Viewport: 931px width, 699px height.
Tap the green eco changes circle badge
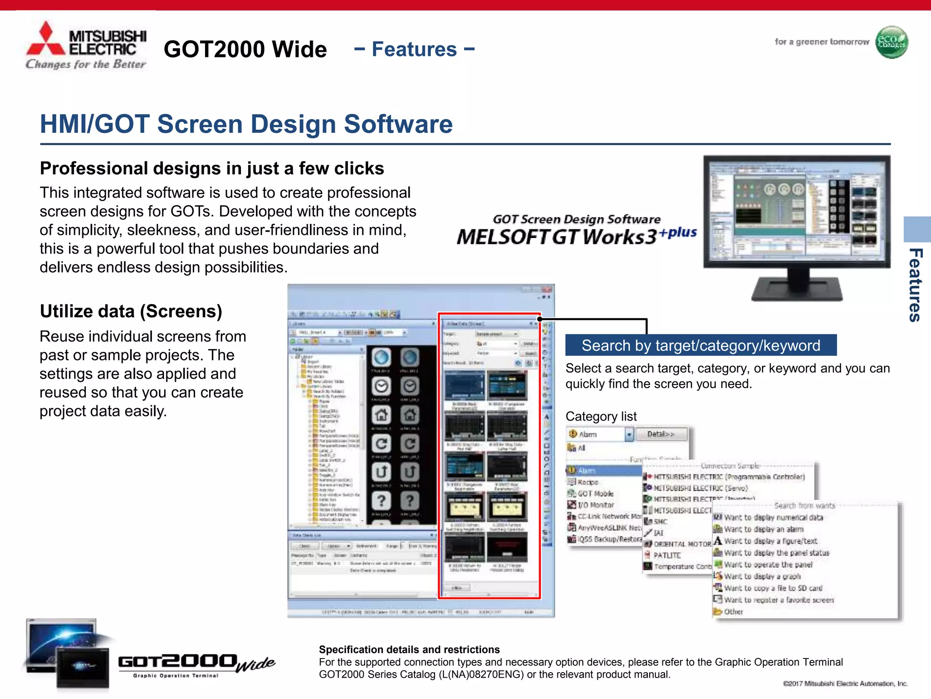tap(891, 42)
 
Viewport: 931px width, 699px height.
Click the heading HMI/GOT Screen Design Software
tap(246, 124)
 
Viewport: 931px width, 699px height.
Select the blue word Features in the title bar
tap(414, 49)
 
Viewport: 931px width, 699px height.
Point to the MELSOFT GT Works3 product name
tap(557, 237)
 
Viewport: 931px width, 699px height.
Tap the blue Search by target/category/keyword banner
tap(701, 345)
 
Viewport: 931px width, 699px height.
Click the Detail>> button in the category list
tap(661, 434)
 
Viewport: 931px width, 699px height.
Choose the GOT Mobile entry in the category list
tap(595, 493)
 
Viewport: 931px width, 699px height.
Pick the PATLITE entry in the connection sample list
tap(667, 555)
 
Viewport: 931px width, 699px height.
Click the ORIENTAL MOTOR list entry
tap(682, 544)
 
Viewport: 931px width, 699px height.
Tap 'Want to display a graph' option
tap(762, 576)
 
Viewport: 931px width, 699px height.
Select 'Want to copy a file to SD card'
tap(773, 588)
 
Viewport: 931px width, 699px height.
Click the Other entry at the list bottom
tap(733, 612)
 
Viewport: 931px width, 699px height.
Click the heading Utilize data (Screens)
tap(131, 311)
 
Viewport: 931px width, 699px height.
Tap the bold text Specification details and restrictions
tap(409, 649)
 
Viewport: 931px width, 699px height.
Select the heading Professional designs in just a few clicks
tap(212, 168)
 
